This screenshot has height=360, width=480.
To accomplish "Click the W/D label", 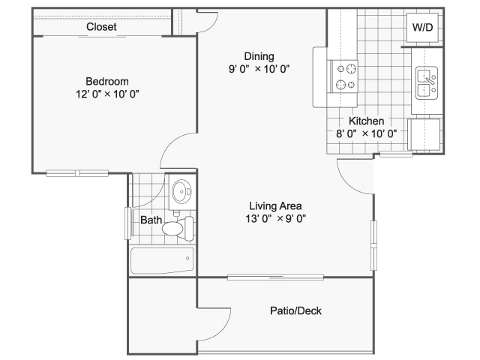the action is pos(422,27).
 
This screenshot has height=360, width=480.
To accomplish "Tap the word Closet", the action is pos(101,27).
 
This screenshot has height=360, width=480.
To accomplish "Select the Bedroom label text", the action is pos(107,82).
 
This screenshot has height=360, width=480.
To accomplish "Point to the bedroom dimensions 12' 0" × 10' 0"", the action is pos(107,94).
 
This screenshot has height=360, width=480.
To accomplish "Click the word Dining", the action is pos(259,57).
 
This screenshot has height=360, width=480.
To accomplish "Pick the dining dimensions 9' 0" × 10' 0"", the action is pos(259,69).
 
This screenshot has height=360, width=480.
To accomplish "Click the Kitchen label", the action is pos(367,121).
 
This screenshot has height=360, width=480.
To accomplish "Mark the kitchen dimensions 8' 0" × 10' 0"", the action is pos(367,133).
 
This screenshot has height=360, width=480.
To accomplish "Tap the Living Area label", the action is pos(275,206).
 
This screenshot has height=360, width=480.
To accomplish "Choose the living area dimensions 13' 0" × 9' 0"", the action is pos(275,218).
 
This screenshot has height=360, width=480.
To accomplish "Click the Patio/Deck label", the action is pos(295,310).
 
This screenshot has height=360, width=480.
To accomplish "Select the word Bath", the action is pos(151,220).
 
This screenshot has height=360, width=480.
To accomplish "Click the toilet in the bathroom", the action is pos(178,228).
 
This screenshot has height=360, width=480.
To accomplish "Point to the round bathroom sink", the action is pos(181,192).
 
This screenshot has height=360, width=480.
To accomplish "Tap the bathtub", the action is pos(162,260).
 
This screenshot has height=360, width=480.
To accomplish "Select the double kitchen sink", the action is pos(427,83).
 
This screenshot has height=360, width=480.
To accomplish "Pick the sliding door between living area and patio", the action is pos(275,277).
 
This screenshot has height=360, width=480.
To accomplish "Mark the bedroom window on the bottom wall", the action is pos(77,173).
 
